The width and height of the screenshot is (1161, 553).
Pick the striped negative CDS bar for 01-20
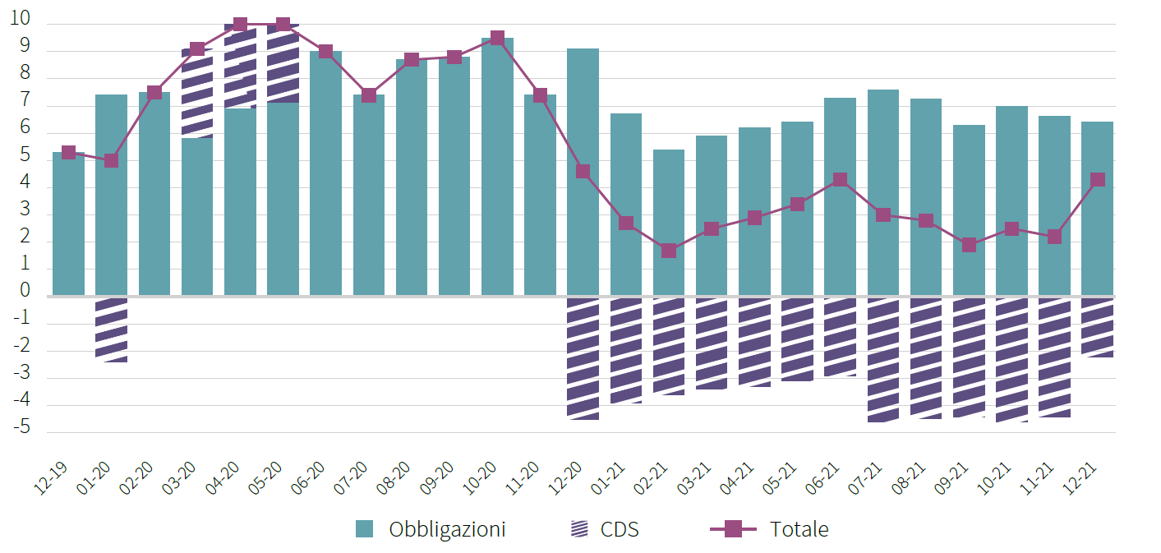tap(111, 329)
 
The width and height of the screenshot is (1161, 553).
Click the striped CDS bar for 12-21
tap(1097, 326)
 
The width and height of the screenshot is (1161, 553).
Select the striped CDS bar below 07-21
tap(883, 359)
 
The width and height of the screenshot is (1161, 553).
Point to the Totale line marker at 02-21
tap(669, 250)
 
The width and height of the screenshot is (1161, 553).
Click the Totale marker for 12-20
tap(583, 171)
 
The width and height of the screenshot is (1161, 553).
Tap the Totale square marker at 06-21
tap(840, 179)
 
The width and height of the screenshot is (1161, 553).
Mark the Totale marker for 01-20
tap(111, 160)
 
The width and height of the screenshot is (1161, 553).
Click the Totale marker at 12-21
tap(1097, 179)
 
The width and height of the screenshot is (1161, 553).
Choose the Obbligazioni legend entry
tap(431, 529)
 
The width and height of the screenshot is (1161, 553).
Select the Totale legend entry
tap(769, 529)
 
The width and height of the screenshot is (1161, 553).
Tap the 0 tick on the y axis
tap(25, 291)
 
